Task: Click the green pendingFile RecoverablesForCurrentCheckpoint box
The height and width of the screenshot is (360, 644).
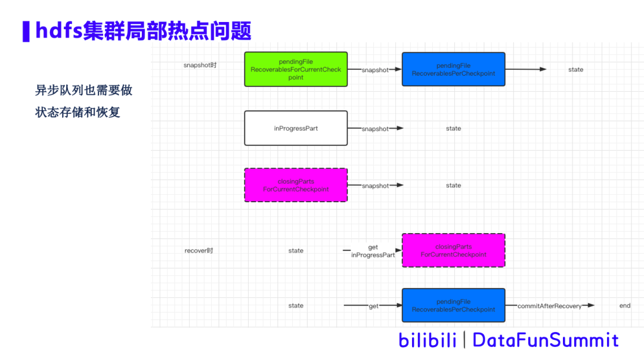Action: [x=296, y=69]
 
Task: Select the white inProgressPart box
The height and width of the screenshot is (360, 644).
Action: [x=296, y=128]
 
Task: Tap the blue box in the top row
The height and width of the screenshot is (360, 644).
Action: [x=453, y=69]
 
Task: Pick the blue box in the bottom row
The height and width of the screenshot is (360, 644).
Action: [x=453, y=306]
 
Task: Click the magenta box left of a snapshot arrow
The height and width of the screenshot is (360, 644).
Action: [x=296, y=185]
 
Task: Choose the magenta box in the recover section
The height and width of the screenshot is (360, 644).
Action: [x=453, y=250]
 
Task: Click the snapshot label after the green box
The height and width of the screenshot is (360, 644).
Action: [x=375, y=70]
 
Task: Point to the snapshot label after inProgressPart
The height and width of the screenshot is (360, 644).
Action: [x=375, y=129]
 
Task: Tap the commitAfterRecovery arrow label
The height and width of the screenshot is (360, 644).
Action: [x=549, y=306]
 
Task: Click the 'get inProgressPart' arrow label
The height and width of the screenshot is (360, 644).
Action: [x=373, y=251]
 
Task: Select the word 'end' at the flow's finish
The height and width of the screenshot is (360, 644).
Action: [x=624, y=306]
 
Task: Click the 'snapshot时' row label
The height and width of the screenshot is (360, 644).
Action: [x=200, y=65]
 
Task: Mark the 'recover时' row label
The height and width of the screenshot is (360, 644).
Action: [x=199, y=251]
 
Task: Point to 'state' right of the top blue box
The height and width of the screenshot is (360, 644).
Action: [x=575, y=70]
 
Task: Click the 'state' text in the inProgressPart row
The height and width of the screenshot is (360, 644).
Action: [x=453, y=129]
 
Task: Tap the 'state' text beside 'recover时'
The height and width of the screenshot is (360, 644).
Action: [x=296, y=251]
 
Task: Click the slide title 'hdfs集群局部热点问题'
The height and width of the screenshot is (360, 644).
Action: [x=143, y=31]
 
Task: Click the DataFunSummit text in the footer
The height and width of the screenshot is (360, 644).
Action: [x=546, y=340]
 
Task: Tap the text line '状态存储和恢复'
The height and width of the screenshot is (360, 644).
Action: [x=78, y=111]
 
